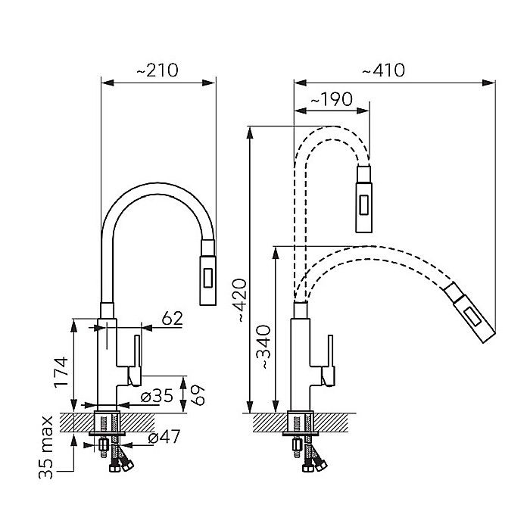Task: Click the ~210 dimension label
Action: (x=157, y=70)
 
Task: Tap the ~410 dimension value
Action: (x=383, y=70)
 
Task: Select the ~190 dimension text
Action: (x=332, y=99)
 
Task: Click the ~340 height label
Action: (x=263, y=347)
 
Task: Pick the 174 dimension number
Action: (x=61, y=372)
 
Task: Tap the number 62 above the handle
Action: (x=172, y=318)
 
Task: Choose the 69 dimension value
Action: (x=198, y=394)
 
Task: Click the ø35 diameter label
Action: (x=157, y=395)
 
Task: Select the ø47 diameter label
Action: (x=164, y=437)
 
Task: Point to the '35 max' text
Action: (x=46, y=447)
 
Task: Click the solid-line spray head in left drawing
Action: (x=208, y=273)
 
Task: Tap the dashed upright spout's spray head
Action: (x=363, y=199)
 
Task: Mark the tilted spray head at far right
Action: (x=470, y=312)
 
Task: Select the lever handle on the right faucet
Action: (x=328, y=360)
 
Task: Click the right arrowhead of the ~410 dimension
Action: (x=489, y=83)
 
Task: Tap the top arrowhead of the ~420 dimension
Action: (x=250, y=132)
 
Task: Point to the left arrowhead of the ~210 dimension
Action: (x=108, y=83)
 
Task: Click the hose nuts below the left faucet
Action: (x=121, y=466)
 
